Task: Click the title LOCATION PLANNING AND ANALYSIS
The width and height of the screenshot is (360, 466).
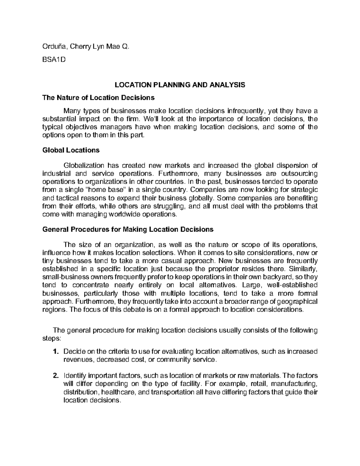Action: coord(180,85)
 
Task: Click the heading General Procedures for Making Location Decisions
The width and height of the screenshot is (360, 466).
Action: coord(128,230)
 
